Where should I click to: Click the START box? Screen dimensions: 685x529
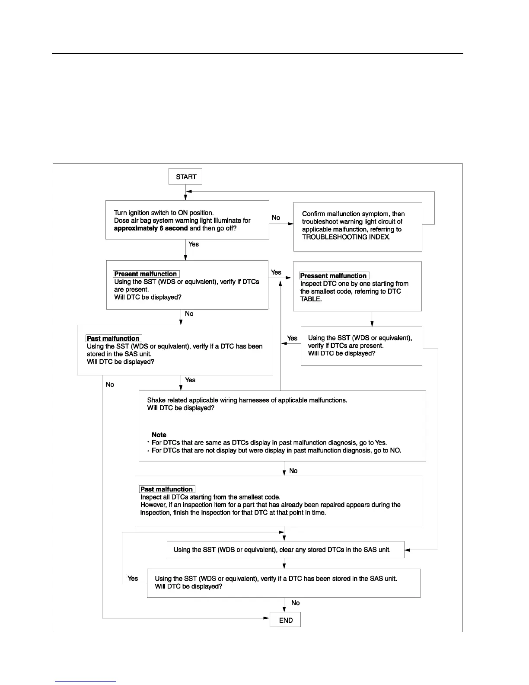pyautogui.click(x=185, y=176)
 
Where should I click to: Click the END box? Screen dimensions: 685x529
pyautogui.click(x=285, y=620)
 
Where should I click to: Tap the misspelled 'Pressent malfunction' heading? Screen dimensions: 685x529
pyautogui.click(x=333, y=276)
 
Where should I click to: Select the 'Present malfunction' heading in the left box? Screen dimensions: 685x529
pyautogui.click(x=146, y=274)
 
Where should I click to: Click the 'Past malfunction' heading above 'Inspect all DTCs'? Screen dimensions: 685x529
pyautogui.click(x=166, y=489)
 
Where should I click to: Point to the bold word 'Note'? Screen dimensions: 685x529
pyautogui.click(x=159, y=435)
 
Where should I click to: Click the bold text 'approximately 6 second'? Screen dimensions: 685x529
pyautogui.click(x=151, y=228)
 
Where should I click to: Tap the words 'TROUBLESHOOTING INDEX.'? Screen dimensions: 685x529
pyautogui.click(x=346, y=237)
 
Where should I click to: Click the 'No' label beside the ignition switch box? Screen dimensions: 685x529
pyautogui.click(x=276, y=218)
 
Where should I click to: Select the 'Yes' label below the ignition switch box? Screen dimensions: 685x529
pyautogui.click(x=194, y=244)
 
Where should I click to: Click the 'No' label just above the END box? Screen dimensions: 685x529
pyautogui.click(x=296, y=603)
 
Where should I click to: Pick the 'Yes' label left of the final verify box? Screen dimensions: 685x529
pyautogui.click(x=133, y=578)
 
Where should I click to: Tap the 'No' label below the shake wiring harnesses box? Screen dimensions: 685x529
pyautogui.click(x=293, y=471)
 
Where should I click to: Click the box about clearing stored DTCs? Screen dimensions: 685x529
pyautogui.click(x=285, y=550)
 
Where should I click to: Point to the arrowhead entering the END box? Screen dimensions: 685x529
pyautogui.click(x=267, y=618)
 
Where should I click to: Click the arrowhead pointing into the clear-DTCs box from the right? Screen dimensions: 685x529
pyautogui.click(x=408, y=550)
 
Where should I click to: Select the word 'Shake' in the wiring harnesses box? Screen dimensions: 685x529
pyautogui.click(x=156, y=400)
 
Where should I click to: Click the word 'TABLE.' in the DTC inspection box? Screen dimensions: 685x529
pyautogui.click(x=311, y=299)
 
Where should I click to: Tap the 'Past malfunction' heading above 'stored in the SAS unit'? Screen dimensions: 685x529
pyautogui.click(x=113, y=339)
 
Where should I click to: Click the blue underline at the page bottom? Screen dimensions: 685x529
pyautogui.click(x=86, y=681)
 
